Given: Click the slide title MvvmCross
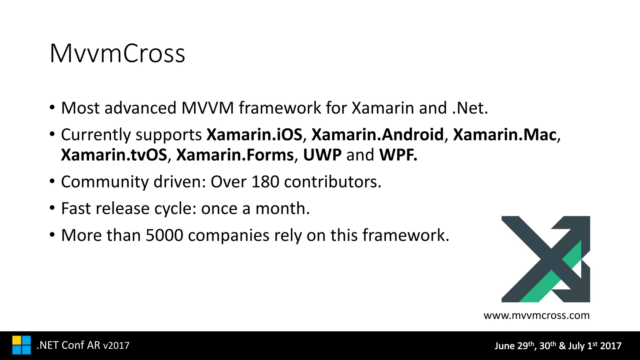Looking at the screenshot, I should (x=117, y=53).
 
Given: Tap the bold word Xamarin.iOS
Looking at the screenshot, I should (x=254, y=135).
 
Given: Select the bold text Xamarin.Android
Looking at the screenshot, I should (x=377, y=135).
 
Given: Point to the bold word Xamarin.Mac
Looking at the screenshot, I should (x=505, y=135).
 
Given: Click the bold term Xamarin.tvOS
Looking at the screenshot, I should (x=114, y=155).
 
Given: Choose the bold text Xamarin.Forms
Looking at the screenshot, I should (x=235, y=155).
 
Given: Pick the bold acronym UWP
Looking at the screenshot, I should (x=322, y=155).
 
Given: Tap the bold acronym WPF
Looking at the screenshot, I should (x=398, y=155).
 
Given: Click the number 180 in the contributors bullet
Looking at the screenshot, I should (x=265, y=182).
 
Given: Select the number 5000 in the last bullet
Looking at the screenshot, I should (x=164, y=235).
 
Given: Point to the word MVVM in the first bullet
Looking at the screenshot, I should (x=207, y=108).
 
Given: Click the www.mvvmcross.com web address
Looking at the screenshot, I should (x=537, y=315).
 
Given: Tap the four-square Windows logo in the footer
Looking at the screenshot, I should (x=22, y=345).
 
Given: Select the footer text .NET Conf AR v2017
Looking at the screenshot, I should (x=83, y=345).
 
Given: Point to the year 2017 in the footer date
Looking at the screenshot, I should (x=611, y=346).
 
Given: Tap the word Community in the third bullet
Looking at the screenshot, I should (x=105, y=182).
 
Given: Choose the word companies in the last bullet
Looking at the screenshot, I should (x=228, y=235).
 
